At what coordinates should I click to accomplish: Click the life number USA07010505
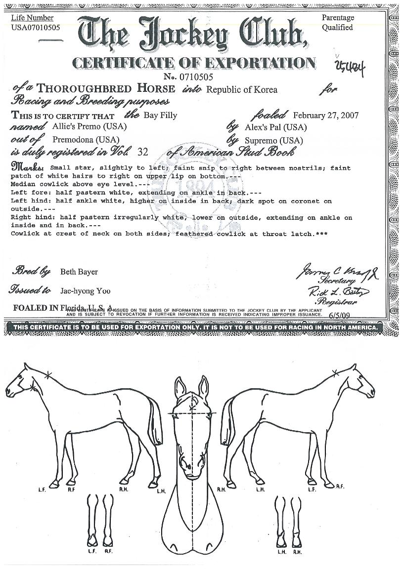[36, 28]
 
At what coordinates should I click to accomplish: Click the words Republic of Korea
[241, 90]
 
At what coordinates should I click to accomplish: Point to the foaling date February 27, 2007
[326, 116]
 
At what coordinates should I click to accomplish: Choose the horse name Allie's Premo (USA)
[90, 126]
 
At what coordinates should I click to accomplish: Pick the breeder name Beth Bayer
[79, 272]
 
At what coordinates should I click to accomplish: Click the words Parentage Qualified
[338, 23]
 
